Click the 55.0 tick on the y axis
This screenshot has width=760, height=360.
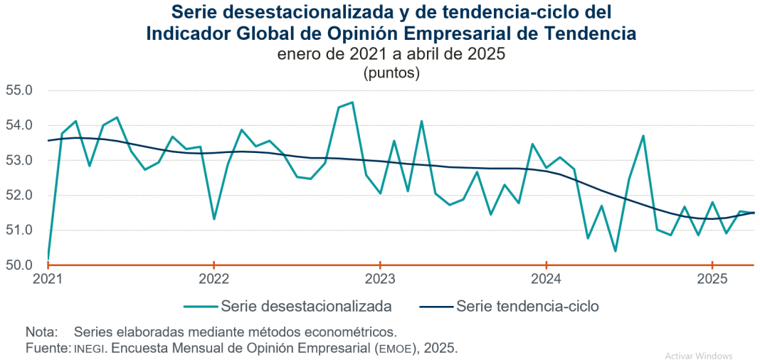click(19, 91)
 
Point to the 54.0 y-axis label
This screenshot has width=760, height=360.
click(19, 126)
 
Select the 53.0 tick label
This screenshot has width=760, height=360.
click(19, 161)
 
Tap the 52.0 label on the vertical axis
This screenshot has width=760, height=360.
click(19, 196)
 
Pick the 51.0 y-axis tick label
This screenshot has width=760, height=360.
click(19, 231)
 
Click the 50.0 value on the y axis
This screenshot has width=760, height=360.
click(19, 265)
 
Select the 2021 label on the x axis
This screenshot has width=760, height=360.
click(48, 278)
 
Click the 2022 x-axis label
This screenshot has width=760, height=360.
click(213, 278)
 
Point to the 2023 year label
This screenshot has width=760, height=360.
click(380, 278)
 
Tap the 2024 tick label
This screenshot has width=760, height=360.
click(546, 278)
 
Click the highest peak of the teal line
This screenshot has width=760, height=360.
click(352, 102)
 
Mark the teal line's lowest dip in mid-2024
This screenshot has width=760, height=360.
click(615, 251)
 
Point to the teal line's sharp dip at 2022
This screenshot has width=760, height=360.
click(214, 218)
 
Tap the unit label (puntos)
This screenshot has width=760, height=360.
click(391, 73)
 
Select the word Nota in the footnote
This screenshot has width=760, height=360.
click(40, 332)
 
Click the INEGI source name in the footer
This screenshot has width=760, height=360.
click(90, 349)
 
